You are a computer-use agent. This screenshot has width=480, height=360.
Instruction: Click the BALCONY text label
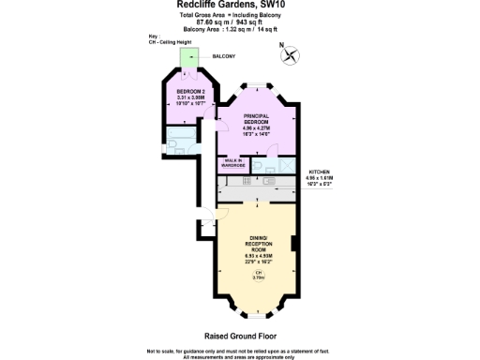click(x=223, y=56)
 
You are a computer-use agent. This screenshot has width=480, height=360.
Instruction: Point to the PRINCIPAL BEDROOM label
click(x=256, y=118)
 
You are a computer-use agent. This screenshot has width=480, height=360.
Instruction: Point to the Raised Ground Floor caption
click(x=240, y=334)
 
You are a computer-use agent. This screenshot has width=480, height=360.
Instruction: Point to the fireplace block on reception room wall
click(x=294, y=245)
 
